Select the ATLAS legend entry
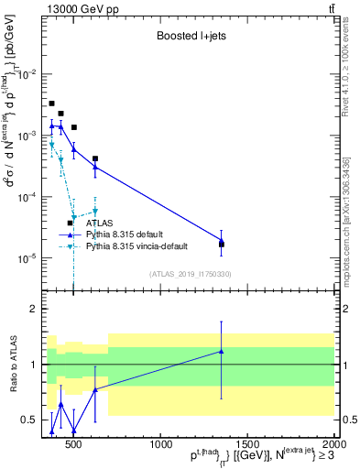point(99,223)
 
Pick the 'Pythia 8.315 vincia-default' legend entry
point(145,246)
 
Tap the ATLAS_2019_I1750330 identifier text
point(191,273)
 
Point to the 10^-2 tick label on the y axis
point(31,73)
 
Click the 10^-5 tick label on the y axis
point(31,258)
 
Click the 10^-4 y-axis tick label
point(31,197)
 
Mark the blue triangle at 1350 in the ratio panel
point(221,351)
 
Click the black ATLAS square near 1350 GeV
point(221,245)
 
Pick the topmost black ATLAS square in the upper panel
point(52,104)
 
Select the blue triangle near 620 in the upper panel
point(95,167)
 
